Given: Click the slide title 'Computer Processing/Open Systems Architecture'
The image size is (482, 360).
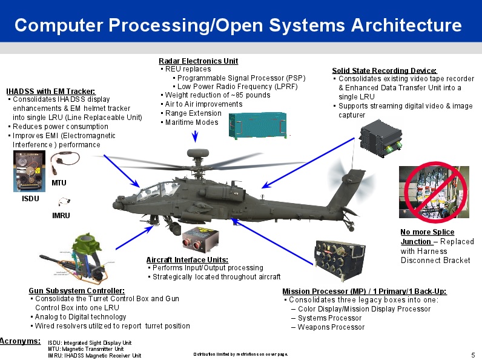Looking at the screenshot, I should [238, 25].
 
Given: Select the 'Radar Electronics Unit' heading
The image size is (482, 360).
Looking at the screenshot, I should [198, 61].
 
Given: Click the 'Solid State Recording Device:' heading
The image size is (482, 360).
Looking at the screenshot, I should [384, 71].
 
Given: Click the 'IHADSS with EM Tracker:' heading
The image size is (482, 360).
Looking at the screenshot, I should [50, 92].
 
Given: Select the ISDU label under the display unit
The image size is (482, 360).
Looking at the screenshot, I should [30, 198].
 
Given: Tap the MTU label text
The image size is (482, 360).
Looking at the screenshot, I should [59, 182].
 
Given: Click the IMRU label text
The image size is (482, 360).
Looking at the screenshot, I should [61, 215].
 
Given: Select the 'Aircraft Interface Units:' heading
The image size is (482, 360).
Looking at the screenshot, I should [187, 260].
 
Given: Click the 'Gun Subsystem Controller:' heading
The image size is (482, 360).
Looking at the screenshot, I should [76, 291].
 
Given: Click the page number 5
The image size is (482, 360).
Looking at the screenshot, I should [472, 354].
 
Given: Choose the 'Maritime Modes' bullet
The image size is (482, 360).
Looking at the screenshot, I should [191, 122].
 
